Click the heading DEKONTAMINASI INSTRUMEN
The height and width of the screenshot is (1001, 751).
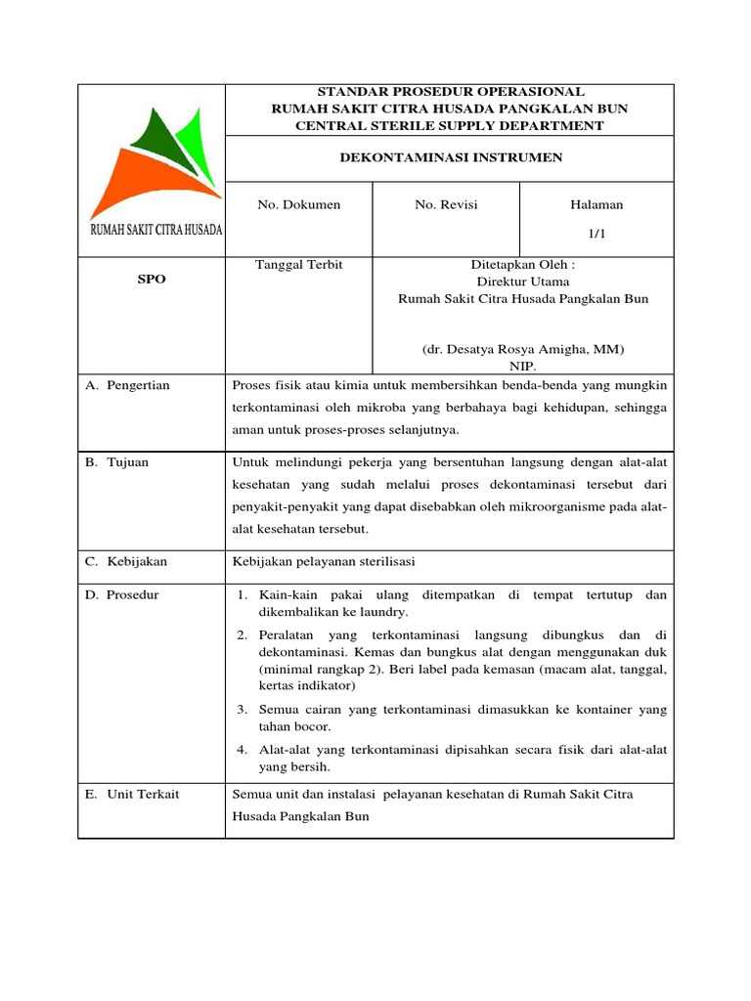[x=450, y=157]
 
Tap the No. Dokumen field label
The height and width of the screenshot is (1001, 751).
[x=298, y=204]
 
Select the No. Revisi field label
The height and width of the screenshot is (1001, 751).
[x=447, y=204]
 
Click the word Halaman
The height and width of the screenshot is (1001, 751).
[x=596, y=204]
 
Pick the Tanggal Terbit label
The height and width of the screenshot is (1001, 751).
[x=299, y=265]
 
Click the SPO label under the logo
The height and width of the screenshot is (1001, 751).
[x=152, y=280]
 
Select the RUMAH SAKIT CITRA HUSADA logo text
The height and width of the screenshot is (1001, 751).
[x=155, y=230]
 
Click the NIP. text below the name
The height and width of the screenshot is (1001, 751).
[x=523, y=366]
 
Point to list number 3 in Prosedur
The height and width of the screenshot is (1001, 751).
[x=243, y=709]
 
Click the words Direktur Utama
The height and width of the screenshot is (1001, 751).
[x=523, y=282]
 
